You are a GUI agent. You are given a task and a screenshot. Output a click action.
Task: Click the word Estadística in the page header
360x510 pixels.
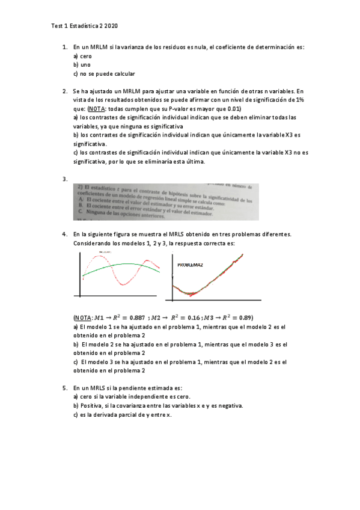point(84,26)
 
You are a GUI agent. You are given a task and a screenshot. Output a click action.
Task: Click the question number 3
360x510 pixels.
point(65,179)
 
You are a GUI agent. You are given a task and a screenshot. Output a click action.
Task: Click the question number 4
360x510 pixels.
point(65,233)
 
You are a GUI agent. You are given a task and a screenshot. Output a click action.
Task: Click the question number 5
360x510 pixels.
point(65,388)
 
